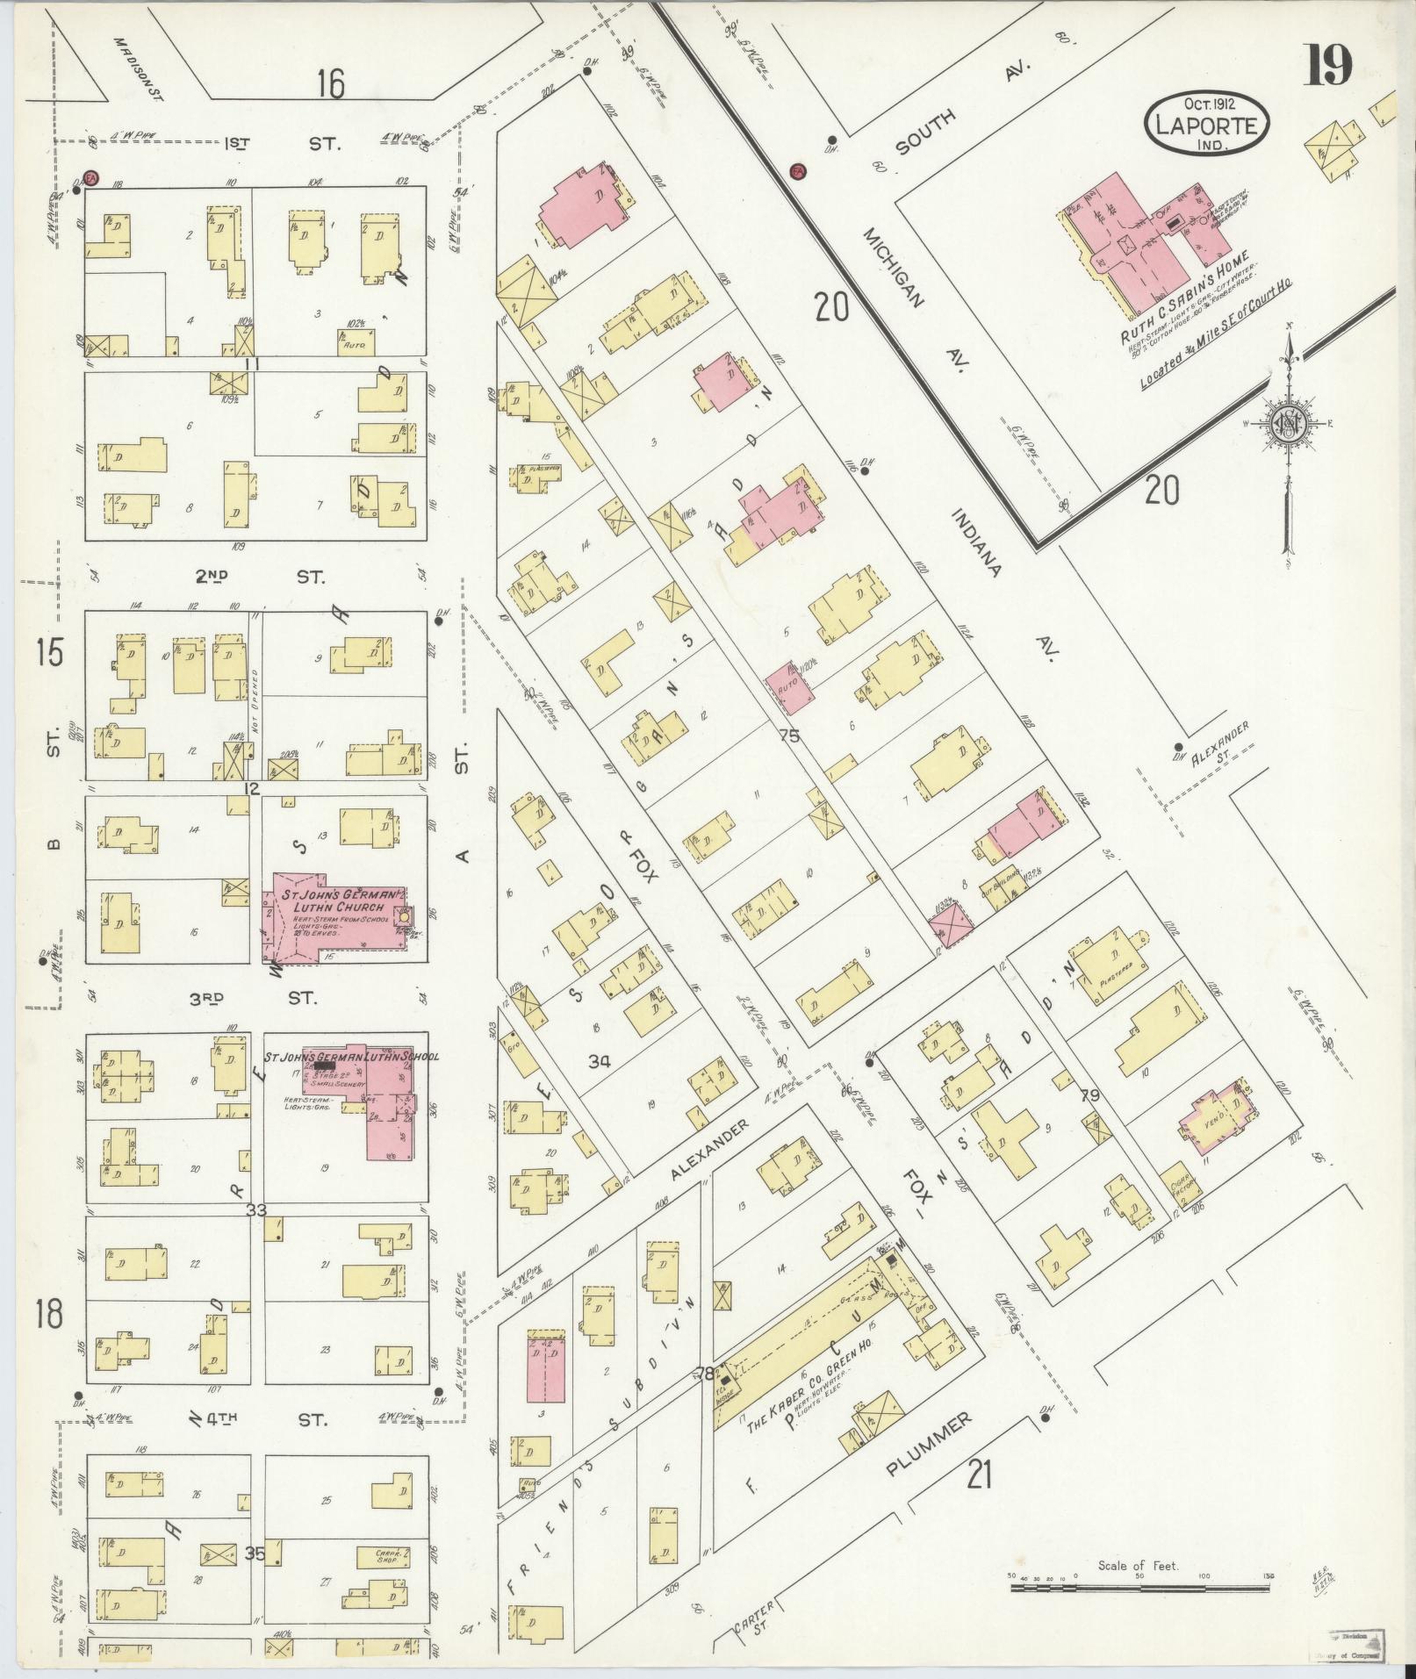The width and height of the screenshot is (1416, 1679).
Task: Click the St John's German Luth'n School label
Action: pos(352,1057)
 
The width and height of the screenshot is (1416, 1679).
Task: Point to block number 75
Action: pos(789,735)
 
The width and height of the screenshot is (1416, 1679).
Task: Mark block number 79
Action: pos(1090,1094)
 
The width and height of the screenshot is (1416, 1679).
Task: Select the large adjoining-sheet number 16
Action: pos(331,85)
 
